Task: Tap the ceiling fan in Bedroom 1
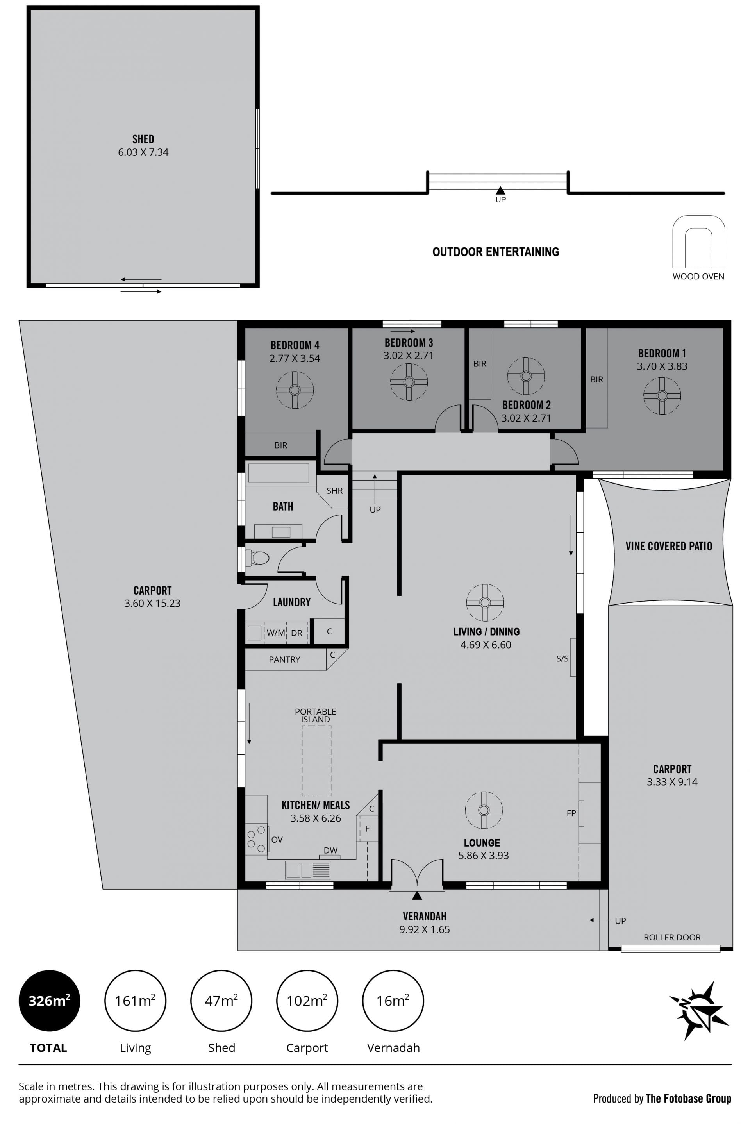pos(662,395)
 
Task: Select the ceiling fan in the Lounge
pos(484,810)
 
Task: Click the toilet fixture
pos(257,558)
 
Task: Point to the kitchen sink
pos(308,870)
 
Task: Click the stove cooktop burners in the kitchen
pos(256,840)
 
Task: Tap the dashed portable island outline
pos(316,761)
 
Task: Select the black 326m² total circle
pos(49,1001)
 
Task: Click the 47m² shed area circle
pos(221,1001)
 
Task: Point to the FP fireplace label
pos(571,813)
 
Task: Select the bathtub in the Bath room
pos(279,473)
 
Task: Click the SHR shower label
pos(334,491)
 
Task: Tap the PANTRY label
pos(285,659)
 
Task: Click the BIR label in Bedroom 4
pos(281,445)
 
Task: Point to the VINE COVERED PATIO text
pos(669,546)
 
